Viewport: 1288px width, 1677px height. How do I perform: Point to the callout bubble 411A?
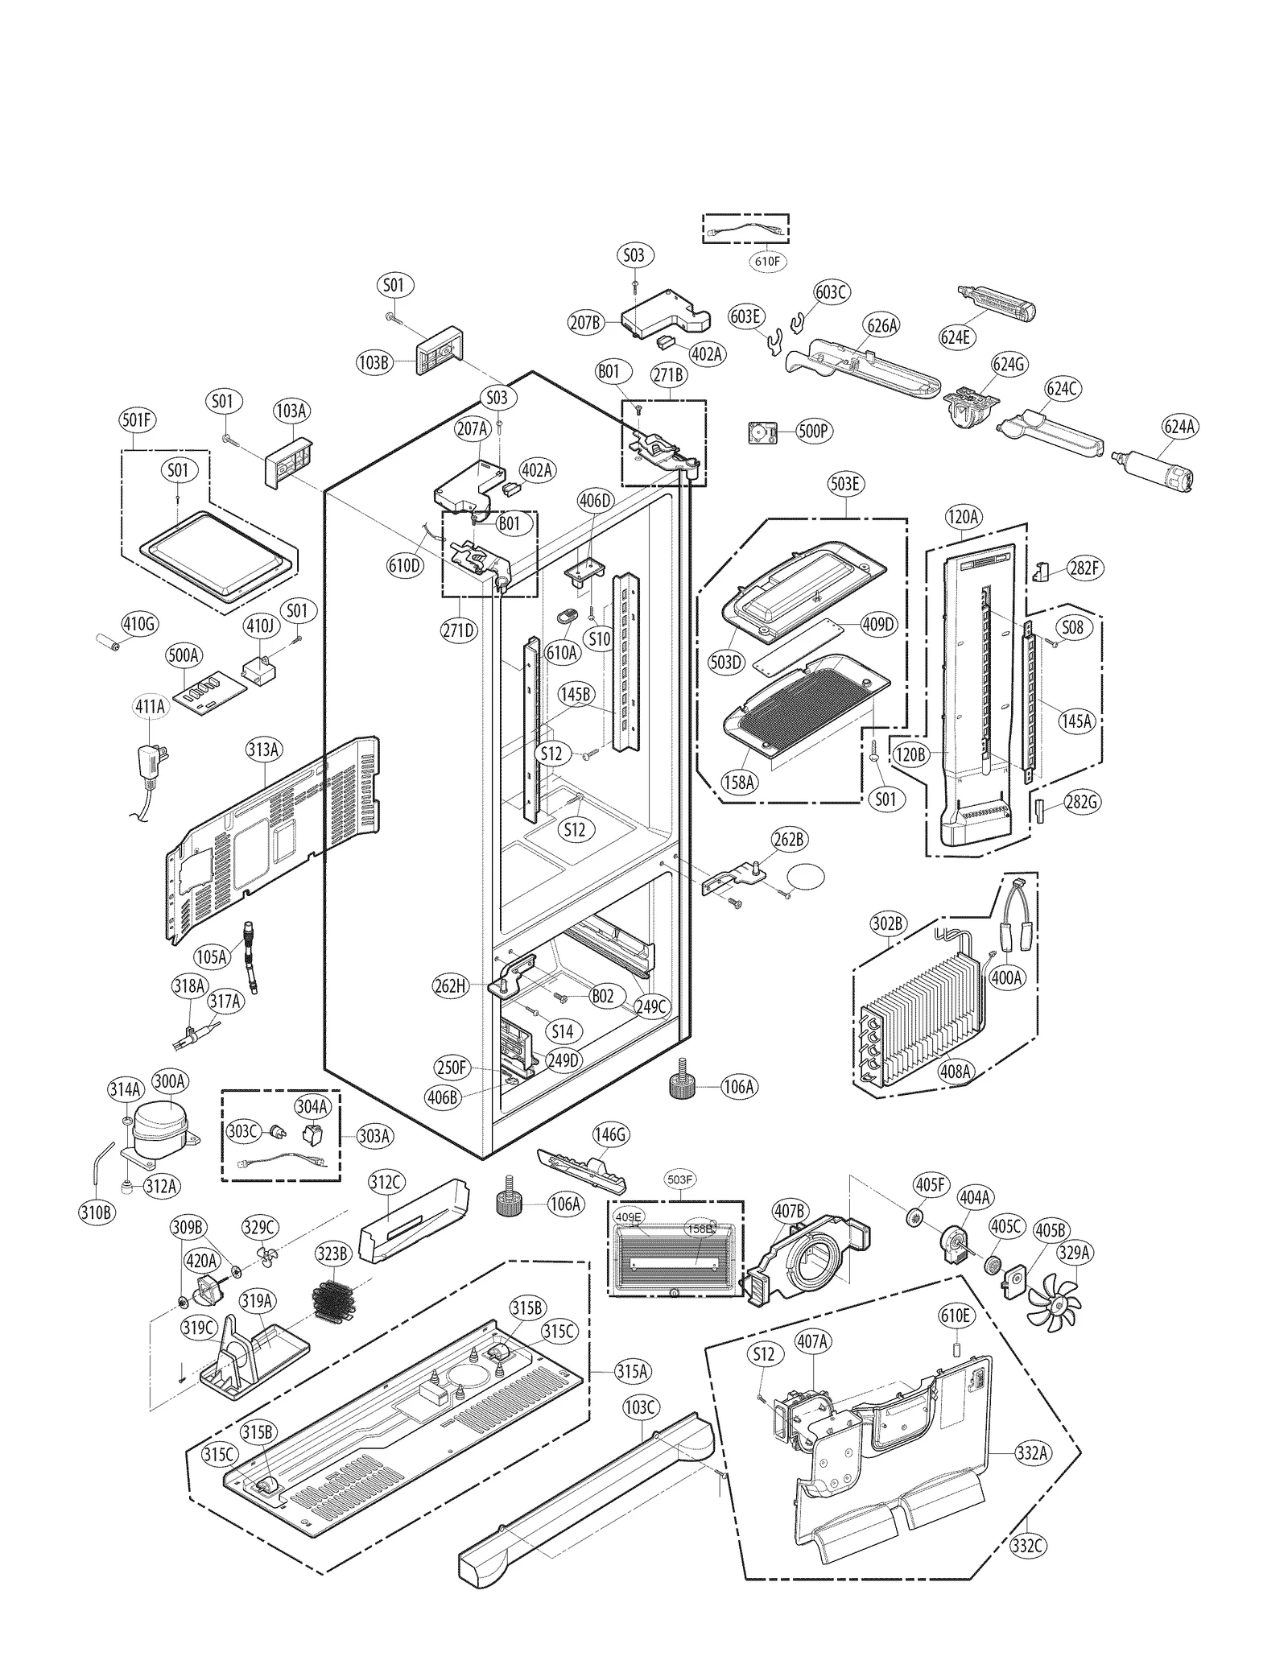tap(150, 707)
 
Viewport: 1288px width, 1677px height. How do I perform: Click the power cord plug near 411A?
tap(151, 762)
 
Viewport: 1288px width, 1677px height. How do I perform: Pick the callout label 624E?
tap(956, 337)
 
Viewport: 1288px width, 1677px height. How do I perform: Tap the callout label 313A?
tap(264, 750)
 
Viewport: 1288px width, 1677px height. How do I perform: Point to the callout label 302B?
tap(888, 923)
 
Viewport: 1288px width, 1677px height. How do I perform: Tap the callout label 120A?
tap(963, 517)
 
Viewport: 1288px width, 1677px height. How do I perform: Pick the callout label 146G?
tap(610, 1135)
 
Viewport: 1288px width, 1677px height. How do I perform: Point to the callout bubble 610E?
tap(955, 1316)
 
